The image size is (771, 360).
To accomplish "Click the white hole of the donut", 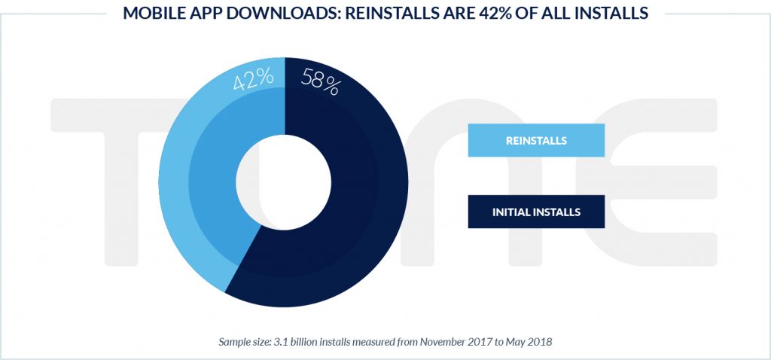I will (284, 182).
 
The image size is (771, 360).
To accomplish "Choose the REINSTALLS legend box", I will (536, 140).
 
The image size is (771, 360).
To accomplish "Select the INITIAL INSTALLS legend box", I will (536, 212).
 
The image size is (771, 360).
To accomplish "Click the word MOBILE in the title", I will (155, 14).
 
